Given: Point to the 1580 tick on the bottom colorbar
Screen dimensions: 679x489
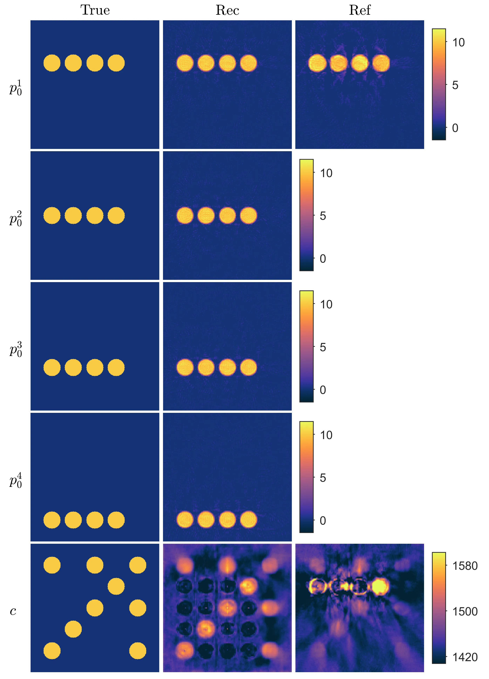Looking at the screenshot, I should point(465,566).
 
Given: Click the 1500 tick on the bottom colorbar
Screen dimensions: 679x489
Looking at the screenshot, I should point(465,611).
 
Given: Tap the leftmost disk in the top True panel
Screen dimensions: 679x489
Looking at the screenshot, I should point(52,63).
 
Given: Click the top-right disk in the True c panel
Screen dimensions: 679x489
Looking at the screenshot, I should point(138,565).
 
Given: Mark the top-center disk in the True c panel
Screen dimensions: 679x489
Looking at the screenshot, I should point(95,565).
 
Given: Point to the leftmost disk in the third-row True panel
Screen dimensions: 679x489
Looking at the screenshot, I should point(52,367).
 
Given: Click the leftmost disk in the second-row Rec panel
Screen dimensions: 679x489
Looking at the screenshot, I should point(185,216).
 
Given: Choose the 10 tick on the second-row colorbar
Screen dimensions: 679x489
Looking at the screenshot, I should point(326,173).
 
